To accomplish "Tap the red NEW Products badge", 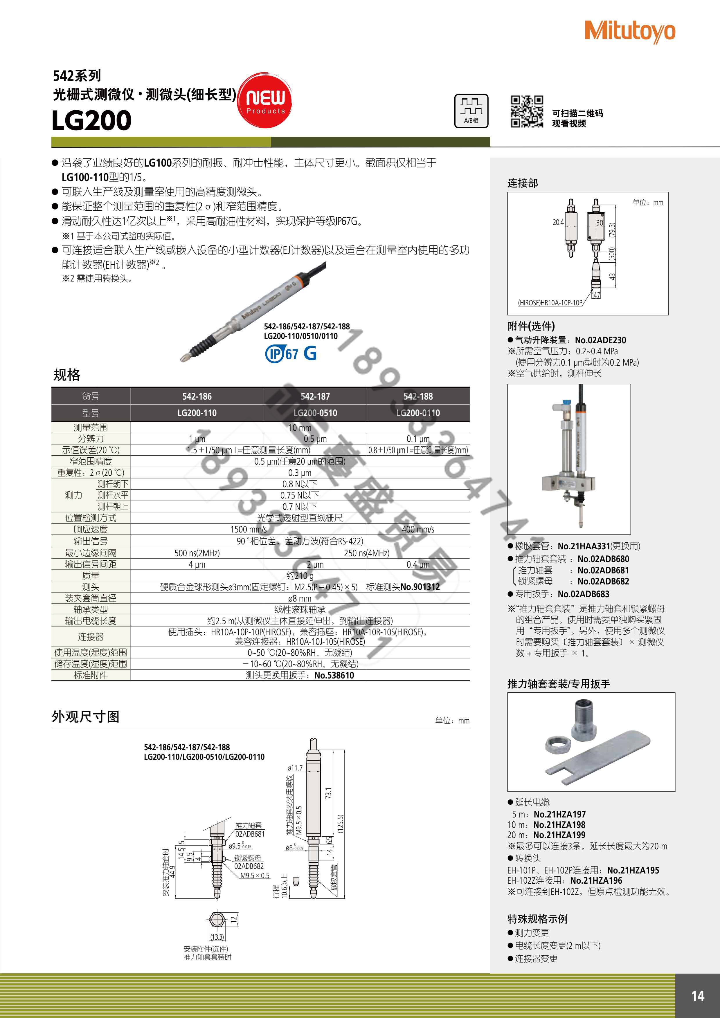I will (x=265, y=100).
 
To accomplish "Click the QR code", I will (x=527, y=112).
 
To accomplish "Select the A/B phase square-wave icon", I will (x=471, y=111).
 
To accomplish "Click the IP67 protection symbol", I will (x=282, y=354).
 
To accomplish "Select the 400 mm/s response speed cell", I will (x=418, y=529).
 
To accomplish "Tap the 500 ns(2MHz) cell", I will (x=197, y=553).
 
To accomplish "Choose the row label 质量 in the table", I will (x=91, y=575).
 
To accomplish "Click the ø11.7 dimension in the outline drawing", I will (x=295, y=768).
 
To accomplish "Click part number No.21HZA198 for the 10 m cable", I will (x=559, y=825).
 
